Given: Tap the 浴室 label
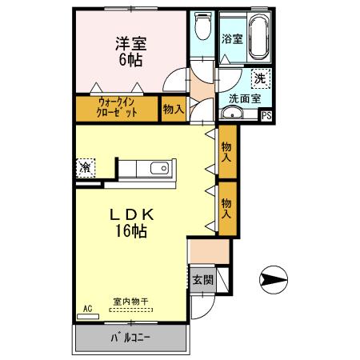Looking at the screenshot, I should [232, 38].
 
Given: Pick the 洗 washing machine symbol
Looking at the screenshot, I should [260, 78].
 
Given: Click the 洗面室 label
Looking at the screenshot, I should [244, 98].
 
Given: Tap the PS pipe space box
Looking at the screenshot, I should [267, 115].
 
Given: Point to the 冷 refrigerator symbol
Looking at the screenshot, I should [85, 168].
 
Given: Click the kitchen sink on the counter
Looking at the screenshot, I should [156, 169].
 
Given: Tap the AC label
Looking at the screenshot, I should [87, 306].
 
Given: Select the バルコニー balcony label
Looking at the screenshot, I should [130, 338].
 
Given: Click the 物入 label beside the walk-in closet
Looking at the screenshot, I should [172, 107].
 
